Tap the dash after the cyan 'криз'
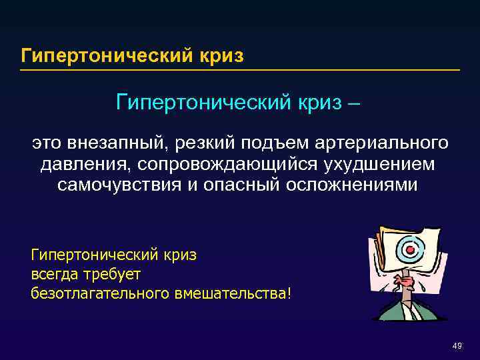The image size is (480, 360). click(355, 104)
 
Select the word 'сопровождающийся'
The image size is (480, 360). click(225, 164)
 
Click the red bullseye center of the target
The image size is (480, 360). click(411, 249)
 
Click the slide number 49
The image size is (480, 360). click(457, 346)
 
